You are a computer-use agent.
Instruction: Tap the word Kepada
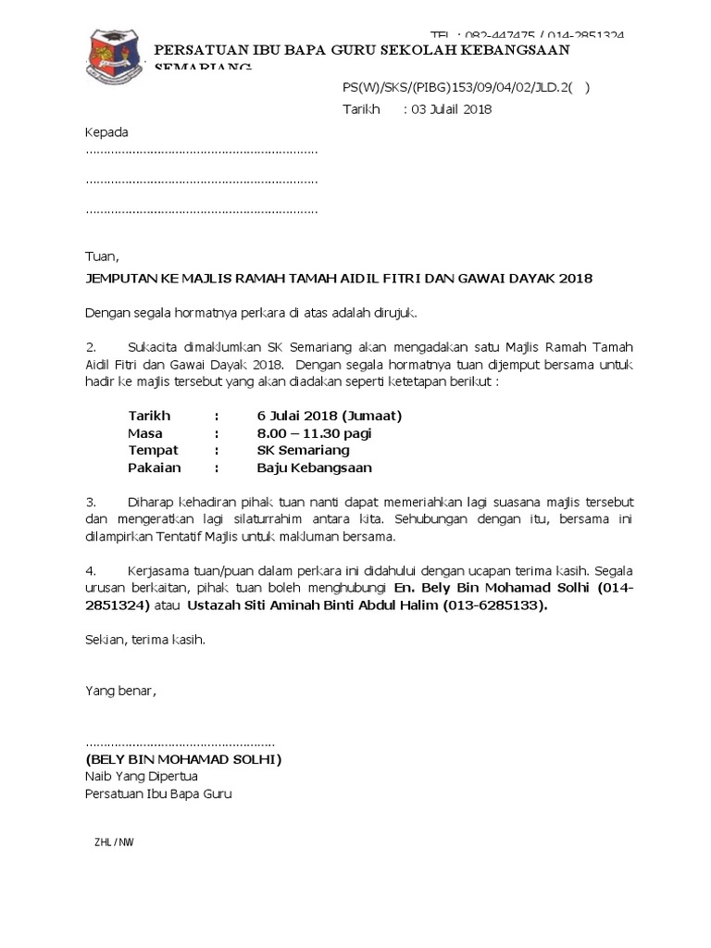point(106,131)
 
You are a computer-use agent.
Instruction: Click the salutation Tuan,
point(102,256)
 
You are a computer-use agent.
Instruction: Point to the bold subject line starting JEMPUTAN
point(339,278)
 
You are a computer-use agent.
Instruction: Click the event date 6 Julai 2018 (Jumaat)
point(330,416)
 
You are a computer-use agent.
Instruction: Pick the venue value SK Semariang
point(303,450)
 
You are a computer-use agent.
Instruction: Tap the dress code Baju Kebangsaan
point(314,468)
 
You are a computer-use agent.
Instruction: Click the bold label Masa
point(145,433)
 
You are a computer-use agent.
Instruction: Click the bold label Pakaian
point(154,468)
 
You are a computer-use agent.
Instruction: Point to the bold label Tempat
point(153,450)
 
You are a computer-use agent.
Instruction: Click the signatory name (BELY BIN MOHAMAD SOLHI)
point(183,759)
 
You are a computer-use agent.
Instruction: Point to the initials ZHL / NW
point(114,842)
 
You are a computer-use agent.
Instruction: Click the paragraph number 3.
point(90,502)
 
